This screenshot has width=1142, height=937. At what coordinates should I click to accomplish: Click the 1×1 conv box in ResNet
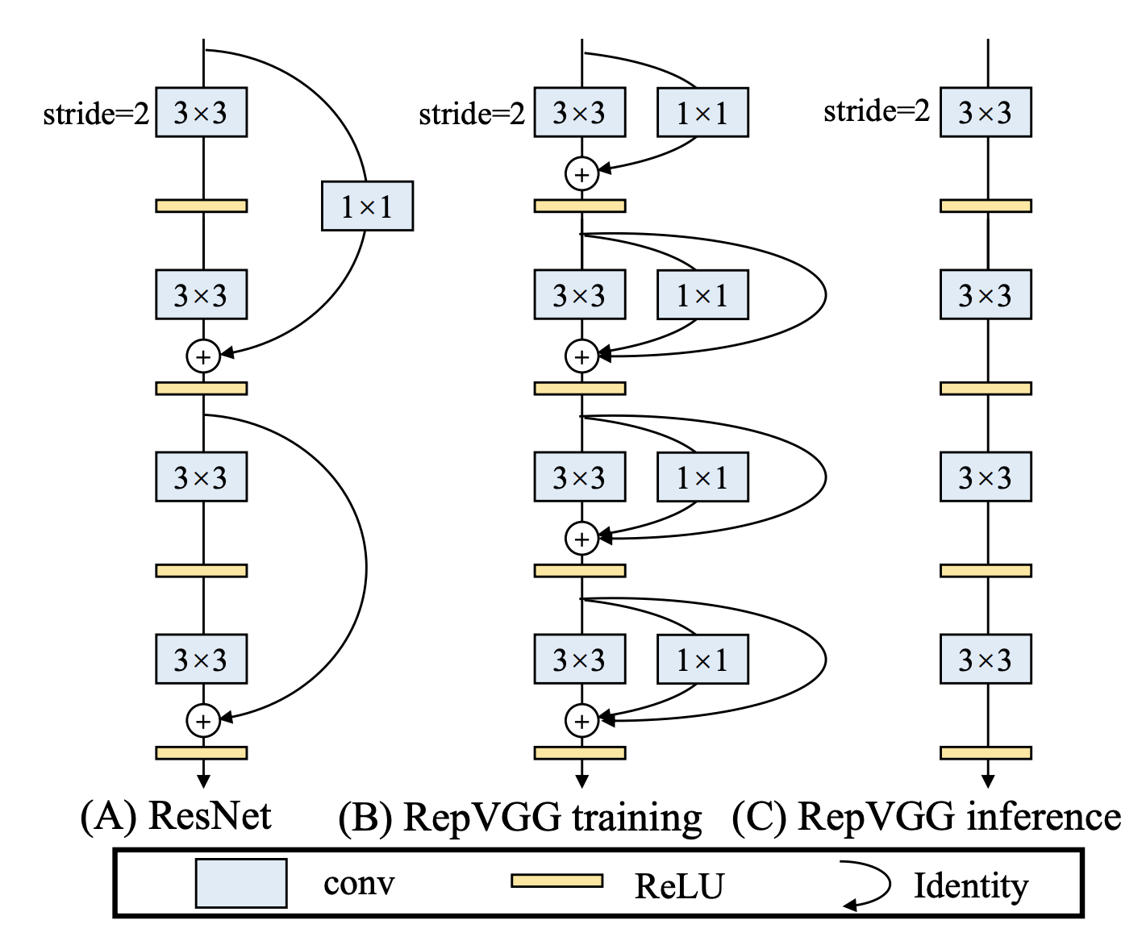(x=367, y=206)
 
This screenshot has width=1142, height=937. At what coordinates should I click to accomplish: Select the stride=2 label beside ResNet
(x=96, y=114)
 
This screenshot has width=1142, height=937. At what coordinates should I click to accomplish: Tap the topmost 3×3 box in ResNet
(x=201, y=113)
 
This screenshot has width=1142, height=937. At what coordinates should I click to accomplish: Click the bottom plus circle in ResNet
(x=203, y=720)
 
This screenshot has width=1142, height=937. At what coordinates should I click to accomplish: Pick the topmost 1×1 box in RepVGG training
(x=702, y=113)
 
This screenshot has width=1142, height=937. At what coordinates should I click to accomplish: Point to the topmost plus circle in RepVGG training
(x=581, y=173)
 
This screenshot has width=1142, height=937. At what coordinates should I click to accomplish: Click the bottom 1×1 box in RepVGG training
(x=702, y=660)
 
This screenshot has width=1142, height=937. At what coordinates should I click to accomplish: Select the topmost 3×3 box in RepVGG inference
(x=986, y=113)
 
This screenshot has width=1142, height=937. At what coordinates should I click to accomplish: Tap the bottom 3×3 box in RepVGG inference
(x=986, y=660)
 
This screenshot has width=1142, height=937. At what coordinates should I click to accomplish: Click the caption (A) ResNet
(x=176, y=816)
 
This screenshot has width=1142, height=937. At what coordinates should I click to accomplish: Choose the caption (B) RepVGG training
(x=520, y=817)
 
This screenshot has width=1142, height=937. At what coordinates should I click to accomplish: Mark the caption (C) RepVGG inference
(x=926, y=817)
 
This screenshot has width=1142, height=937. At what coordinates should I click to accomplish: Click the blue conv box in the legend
(x=241, y=883)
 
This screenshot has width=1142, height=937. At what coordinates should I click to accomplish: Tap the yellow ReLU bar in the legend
(x=556, y=881)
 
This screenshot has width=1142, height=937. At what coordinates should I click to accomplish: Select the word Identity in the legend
(x=971, y=885)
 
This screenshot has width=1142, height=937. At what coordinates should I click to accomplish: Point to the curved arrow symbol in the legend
(x=867, y=885)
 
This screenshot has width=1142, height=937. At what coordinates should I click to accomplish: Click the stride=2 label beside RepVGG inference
(x=877, y=110)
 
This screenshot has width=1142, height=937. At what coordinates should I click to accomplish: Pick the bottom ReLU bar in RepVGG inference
(x=986, y=752)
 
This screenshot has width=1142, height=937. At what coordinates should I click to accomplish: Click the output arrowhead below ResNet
(x=203, y=781)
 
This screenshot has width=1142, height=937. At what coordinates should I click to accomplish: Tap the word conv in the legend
(x=359, y=884)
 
